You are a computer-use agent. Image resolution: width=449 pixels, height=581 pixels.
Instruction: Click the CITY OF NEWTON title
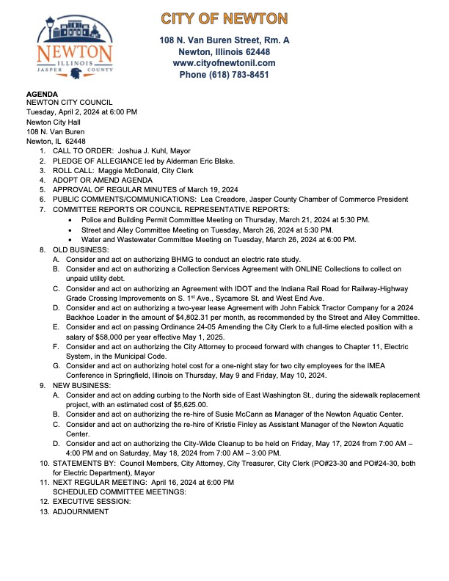pos(224,18)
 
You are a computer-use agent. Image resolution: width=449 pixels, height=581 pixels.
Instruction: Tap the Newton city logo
pos(75,49)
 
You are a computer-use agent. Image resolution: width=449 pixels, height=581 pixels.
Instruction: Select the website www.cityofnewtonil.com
pos(224,63)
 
